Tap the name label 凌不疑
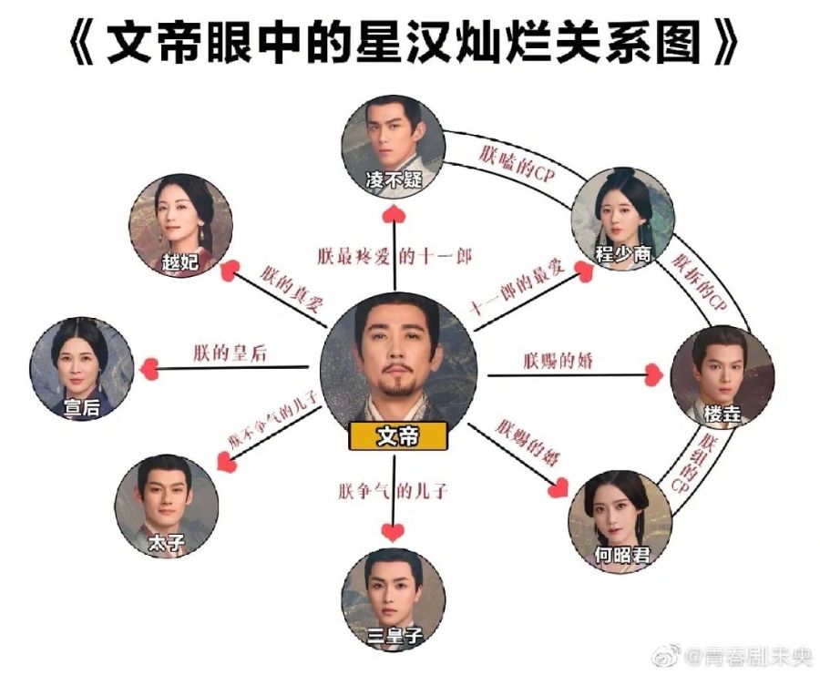pyautogui.click(x=399, y=179)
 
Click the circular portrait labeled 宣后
pyautogui.click(x=82, y=369)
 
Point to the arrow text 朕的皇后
pyautogui.click(x=230, y=353)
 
